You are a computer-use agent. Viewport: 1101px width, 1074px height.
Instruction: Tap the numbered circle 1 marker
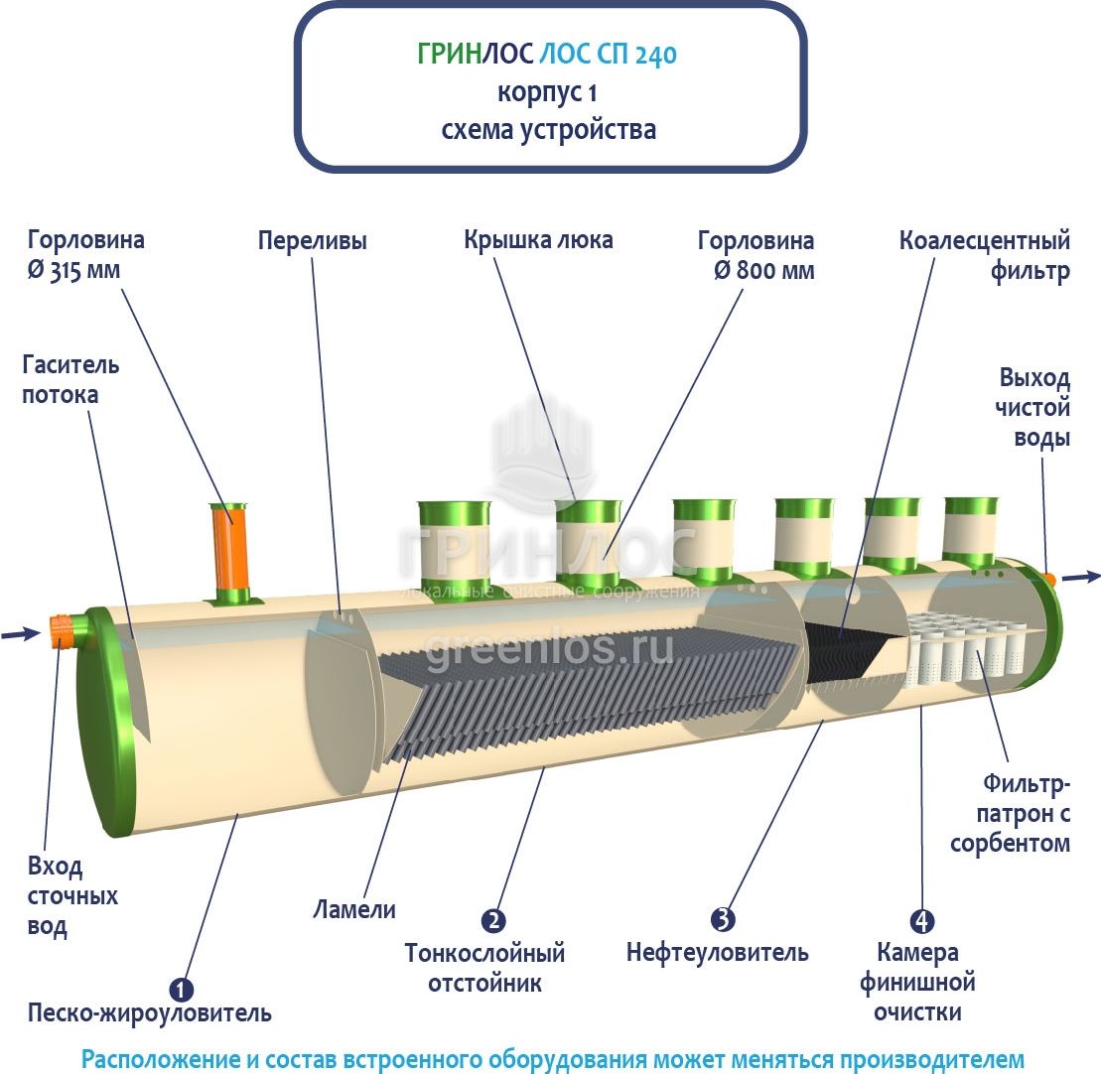tap(181, 989)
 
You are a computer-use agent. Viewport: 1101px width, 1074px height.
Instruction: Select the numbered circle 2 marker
tap(493, 921)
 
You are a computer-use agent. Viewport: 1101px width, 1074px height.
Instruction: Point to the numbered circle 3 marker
tap(723, 920)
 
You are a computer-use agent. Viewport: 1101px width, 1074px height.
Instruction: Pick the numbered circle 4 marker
tap(921, 921)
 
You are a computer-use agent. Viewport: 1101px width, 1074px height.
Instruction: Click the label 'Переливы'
tap(313, 241)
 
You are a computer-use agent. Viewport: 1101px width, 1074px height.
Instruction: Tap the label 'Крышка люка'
tap(538, 240)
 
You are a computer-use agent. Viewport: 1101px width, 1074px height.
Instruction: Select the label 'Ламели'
tap(354, 909)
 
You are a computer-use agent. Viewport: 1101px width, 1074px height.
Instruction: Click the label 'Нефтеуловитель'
tap(717, 954)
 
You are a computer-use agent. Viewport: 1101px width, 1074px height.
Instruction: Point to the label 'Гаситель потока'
tap(70, 379)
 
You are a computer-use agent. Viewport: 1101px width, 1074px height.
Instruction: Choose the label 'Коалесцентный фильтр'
tap(985, 256)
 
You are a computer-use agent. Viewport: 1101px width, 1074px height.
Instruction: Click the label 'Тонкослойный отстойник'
tap(485, 969)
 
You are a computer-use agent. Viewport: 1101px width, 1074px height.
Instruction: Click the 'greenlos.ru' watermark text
tap(549, 649)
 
